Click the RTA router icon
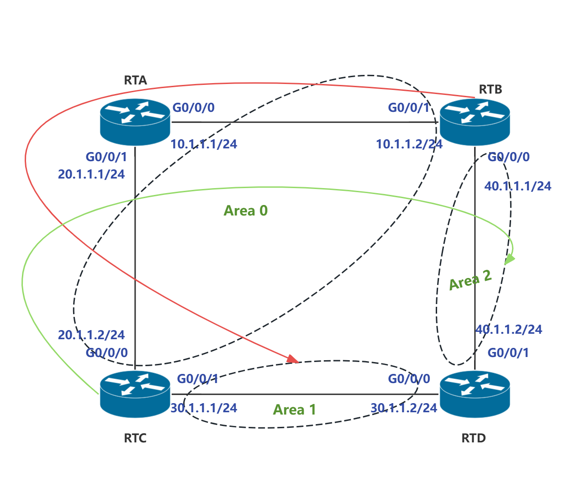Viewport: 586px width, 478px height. tap(135, 122)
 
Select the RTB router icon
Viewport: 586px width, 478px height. tap(475, 122)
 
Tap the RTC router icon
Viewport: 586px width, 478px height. tap(135, 394)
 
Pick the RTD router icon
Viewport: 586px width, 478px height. tap(475, 394)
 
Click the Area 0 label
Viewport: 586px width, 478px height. tap(245, 210)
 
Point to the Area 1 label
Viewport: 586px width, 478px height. tap(294, 410)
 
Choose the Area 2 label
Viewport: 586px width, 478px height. tap(470, 280)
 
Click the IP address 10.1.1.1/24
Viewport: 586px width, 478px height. tap(204, 144)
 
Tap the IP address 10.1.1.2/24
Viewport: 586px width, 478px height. tap(409, 144)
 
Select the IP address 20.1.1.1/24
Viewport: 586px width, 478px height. tap(91, 174)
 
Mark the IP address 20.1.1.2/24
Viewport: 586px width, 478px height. tap(91, 335)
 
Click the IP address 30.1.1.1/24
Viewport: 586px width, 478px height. tap(204, 408)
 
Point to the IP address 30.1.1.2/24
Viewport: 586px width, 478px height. tap(404, 408)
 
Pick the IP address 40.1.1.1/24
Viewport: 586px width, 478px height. tap(518, 186)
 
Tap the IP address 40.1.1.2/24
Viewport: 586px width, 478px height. tap(509, 329)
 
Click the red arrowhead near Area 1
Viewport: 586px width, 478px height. tap(293, 359)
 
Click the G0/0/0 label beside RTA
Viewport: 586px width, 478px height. tap(193, 108)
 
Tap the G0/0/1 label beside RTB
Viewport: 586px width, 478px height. tap(409, 108)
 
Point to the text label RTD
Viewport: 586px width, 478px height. tap(474, 438)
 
